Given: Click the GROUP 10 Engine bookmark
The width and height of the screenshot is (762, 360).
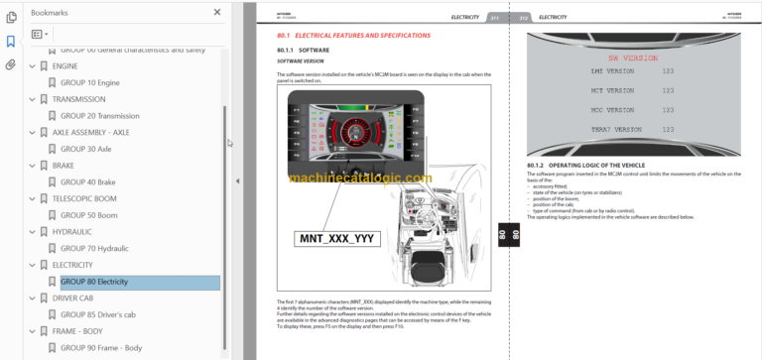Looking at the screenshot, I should [x=90, y=82].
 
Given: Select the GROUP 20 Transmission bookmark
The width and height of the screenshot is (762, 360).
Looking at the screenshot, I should [x=99, y=116].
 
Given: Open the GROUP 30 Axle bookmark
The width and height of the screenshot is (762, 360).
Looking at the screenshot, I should [x=85, y=149].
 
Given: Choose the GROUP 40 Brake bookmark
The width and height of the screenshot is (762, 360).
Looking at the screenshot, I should [x=88, y=182].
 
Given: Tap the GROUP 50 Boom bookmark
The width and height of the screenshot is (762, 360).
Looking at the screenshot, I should [x=89, y=215].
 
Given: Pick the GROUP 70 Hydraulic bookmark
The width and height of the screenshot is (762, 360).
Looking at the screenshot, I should [x=96, y=248].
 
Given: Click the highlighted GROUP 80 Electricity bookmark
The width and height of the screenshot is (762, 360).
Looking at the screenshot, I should [x=94, y=282].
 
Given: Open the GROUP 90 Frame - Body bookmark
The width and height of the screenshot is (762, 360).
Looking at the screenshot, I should [x=101, y=348].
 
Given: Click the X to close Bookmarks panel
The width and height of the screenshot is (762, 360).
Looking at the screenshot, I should [x=217, y=13].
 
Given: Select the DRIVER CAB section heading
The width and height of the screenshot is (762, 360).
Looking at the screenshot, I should [x=72, y=298].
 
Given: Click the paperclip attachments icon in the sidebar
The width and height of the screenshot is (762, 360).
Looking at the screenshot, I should [x=11, y=64].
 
